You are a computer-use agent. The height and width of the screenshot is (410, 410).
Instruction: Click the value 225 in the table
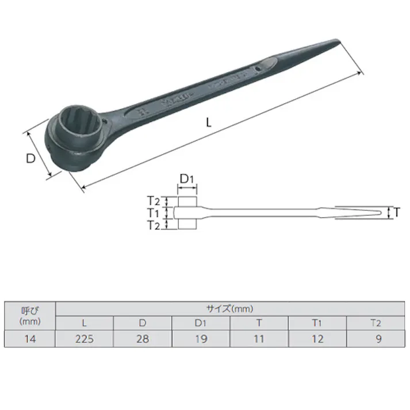point(84,339)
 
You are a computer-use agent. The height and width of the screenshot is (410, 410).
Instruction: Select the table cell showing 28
point(143,339)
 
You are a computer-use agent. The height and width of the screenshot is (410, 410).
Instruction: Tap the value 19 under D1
point(201,339)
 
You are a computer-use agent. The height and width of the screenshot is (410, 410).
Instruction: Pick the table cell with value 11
point(259,339)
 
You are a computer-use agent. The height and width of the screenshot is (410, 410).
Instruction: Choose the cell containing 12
point(317,339)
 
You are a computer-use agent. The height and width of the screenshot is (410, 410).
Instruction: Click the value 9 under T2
point(377,339)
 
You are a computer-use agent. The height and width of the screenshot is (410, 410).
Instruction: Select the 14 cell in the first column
point(30,339)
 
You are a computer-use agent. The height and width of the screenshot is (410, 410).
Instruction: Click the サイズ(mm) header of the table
point(230,309)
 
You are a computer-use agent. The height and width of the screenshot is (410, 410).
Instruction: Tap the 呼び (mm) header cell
point(30,316)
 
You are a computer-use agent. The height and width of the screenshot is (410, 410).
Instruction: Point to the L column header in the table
point(84,324)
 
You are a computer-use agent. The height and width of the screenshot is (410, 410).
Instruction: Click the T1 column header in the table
point(317,324)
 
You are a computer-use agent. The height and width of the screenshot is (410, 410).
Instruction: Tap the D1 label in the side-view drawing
point(186,179)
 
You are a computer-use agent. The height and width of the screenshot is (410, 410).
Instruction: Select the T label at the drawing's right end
point(396,213)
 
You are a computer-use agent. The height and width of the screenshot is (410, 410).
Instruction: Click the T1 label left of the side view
point(152,213)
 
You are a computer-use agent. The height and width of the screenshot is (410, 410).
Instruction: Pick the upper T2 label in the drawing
point(152,201)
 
